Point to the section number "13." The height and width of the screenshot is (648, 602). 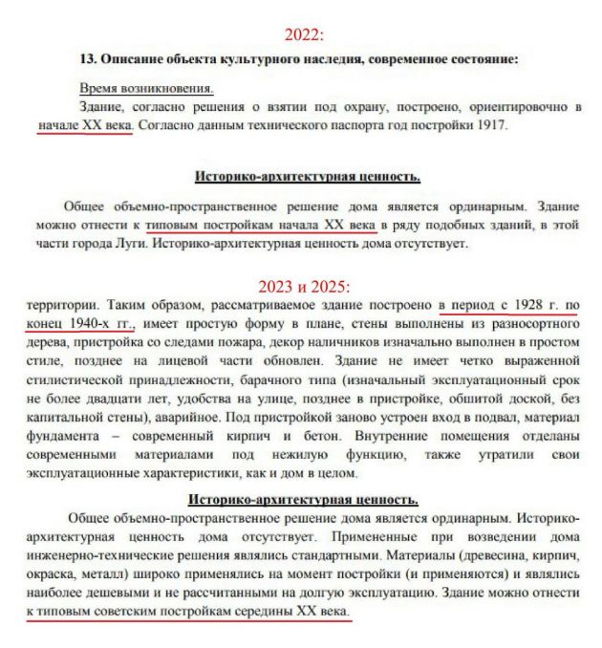(89, 59)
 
